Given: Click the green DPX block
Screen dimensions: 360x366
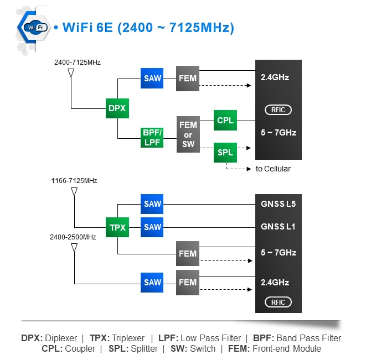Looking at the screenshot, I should point(117,108).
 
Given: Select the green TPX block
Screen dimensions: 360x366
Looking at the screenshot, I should point(117,227).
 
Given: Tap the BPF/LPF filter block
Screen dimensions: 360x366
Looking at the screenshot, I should point(152,137).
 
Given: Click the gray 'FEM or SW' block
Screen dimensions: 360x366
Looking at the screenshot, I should point(188,134).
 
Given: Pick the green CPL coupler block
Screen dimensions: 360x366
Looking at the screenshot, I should point(225,120).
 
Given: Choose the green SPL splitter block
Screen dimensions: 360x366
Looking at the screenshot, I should point(225,152).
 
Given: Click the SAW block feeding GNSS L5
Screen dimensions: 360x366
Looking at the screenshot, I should point(152,204).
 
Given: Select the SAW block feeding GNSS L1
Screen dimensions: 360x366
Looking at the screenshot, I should point(152,227).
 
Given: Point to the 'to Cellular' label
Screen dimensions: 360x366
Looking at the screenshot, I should point(273,169).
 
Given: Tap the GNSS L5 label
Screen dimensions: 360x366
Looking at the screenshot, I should point(278,204).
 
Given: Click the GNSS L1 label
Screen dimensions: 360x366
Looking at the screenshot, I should point(278,227).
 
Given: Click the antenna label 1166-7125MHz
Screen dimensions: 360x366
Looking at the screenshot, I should point(74,181).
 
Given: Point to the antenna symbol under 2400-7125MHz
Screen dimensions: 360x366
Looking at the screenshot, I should point(71,74).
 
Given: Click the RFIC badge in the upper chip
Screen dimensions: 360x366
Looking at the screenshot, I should point(278,110).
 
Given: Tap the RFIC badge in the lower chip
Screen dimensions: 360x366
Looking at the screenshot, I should point(278,302).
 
